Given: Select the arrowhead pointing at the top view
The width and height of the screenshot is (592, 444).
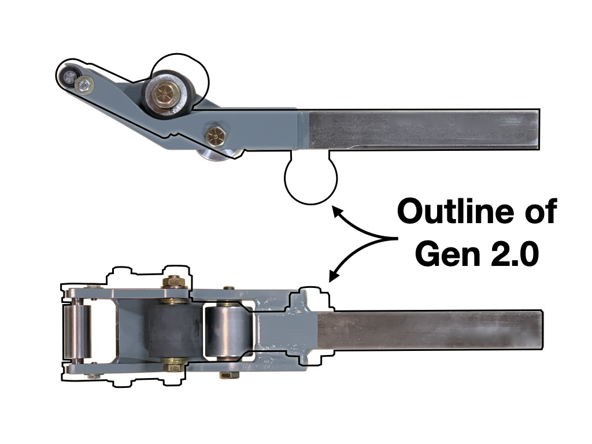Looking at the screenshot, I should pos(336,208).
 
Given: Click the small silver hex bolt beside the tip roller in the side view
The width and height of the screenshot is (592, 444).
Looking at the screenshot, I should pos(85,85).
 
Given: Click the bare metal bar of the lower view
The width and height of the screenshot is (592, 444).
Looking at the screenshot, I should pos(431,330).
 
